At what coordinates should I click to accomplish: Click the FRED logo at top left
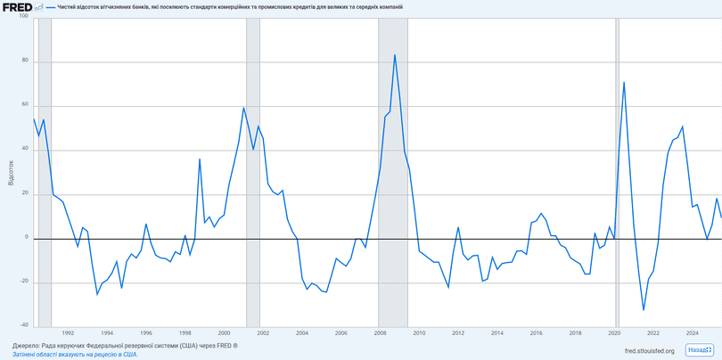(x=18, y=6)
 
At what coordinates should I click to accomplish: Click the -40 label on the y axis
(x=23, y=325)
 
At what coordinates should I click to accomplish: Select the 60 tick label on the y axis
(x=25, y=105)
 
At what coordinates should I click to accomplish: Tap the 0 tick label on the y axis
(x=27, y=238)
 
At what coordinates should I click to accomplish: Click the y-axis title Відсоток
(x=11, y=172)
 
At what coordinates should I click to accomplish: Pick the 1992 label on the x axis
(x=68, y=333)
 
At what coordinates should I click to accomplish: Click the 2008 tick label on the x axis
(x=380, y=333)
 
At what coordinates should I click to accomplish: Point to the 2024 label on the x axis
(x=692, y=333)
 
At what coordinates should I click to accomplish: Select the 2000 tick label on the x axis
(x=224, y=333)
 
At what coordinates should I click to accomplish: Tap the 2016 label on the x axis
(x=536, y=333)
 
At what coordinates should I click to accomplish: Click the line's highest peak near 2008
(x=395, y=55)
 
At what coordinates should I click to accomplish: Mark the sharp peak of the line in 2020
(x=624, y=82)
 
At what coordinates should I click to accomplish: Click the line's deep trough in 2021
(x=644, y=310)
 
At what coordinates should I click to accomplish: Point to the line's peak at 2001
(x=243, y=108)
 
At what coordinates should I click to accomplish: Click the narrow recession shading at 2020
(x=616, y=178)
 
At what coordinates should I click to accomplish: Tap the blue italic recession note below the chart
(x=75, y=354)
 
